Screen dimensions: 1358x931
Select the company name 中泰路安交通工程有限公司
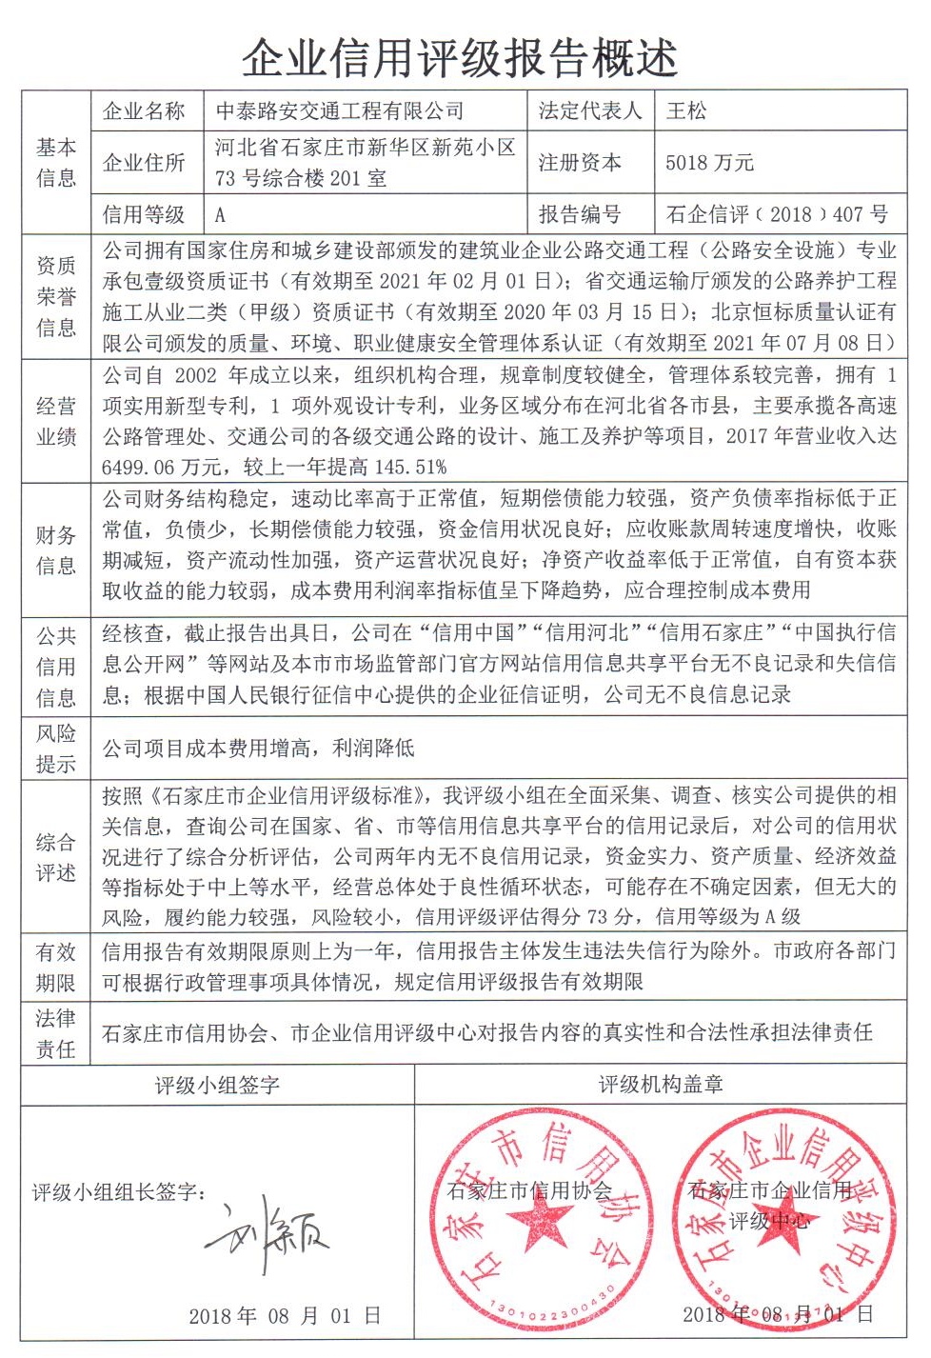[x=339, y=111]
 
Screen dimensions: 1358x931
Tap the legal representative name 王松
[x=685, y=111]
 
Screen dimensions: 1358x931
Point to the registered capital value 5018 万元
[x=709, y=163]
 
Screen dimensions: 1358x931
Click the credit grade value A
[x=220, y=215]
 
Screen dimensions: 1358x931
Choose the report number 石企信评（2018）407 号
[x=777, y=215]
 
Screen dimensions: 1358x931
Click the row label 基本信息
[x=56, y=163]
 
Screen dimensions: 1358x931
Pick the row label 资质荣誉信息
[x=56, y=296]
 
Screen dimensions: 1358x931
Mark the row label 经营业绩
[x=56, y=421]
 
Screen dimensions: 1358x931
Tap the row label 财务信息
[x=56, y=550]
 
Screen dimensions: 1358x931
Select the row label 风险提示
[x=56, y=749]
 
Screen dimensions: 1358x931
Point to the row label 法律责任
[x=56, y=1033]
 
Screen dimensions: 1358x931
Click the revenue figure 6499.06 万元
[x=161, y=467]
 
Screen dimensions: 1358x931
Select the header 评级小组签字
[x=217, y=1085]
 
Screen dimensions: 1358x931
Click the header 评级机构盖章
[x=661, y=1085]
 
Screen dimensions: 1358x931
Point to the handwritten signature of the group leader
[x=267, y=1238]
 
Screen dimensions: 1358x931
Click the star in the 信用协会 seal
[x=540, y=1218]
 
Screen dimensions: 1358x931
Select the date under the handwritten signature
[x=285, y=1316]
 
